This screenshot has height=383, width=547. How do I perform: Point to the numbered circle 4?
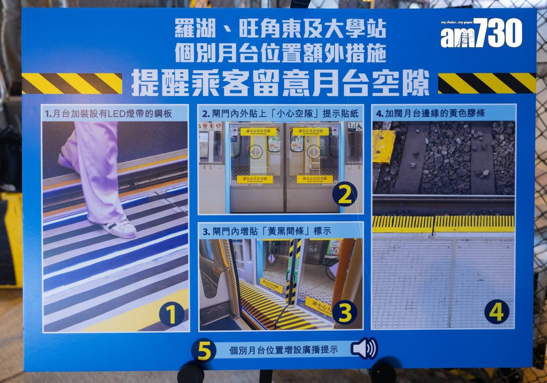click(x=497, y=311)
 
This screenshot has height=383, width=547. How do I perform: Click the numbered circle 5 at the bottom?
click(x=204, y=350)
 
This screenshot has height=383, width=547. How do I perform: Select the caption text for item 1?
click(x=109, y=114)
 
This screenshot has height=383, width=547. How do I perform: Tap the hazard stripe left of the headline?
click(x=72, y=83)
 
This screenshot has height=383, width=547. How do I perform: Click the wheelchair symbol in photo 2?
click(x=359, y=126)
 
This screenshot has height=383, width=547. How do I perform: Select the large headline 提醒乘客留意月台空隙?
click(x=280, y=83)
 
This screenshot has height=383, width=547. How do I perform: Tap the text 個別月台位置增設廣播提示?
click(x=283, y=350)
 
